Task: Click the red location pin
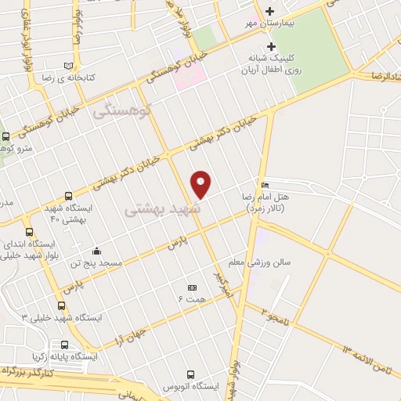[201, 184]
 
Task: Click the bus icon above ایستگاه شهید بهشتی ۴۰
[68, 197]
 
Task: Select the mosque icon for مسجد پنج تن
[96, 252]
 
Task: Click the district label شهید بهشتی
[162, 209]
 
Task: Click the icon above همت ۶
[192, 287]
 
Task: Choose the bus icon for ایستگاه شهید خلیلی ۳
[62, 305]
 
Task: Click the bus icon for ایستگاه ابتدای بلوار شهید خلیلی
[30, 232]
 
